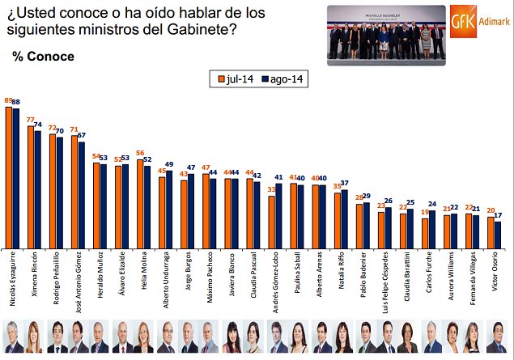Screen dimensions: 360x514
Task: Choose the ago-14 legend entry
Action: pos(284,79)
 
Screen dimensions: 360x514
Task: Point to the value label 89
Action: pos(8,100)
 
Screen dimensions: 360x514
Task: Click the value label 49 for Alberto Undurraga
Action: pos(169,164)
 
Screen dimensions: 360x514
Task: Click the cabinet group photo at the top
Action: pos(386,33)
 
